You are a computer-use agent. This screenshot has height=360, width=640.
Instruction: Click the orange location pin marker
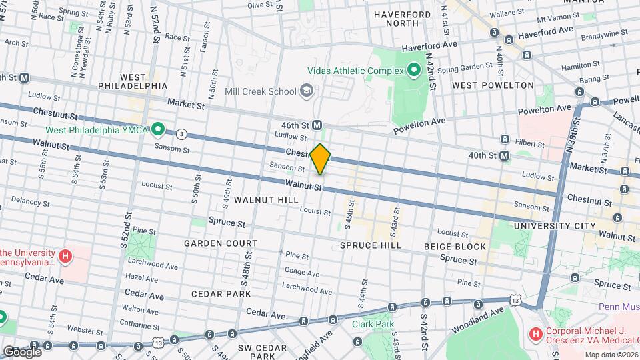tap(321, 159)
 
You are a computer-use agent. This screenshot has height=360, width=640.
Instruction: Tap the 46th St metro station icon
tap(317, 125)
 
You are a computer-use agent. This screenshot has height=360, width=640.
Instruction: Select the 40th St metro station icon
tap(505, 155)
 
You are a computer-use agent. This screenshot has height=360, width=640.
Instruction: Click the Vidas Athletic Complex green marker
tap(414, 70)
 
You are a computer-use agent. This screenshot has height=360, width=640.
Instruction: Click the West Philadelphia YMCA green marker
tap(158, 129)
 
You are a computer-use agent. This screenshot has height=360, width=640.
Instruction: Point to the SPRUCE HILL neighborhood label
tap(370, 245)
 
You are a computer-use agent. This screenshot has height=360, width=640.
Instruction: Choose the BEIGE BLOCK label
tap(455, 246)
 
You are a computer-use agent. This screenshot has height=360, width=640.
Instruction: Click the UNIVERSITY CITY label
tap(555, 226)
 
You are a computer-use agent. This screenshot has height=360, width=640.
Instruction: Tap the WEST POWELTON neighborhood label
tap(493, 85)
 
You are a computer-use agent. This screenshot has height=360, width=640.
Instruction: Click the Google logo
tap(22, 351)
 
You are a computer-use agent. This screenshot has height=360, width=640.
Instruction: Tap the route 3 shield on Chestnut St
tap(181, 134)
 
